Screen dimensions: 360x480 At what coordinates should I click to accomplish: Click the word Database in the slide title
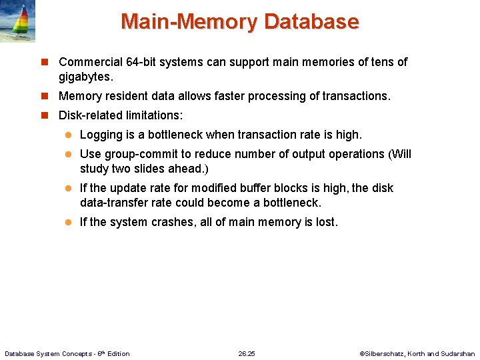pyautogui.click(x=311, y=21)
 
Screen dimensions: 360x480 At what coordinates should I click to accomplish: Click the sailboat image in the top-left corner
pyautogui.click(x=18, y=21)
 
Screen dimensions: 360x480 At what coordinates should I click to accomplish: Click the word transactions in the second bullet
pyautogui.click(x=355, y=96)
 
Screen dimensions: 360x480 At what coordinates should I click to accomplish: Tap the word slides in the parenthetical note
pyautogui.click(x=154, y=168)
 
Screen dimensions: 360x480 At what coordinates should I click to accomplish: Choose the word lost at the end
pyautogui.click(x=325, y=222)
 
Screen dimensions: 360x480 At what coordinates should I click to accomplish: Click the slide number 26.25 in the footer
pyautogui.click(x=247, y=353)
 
